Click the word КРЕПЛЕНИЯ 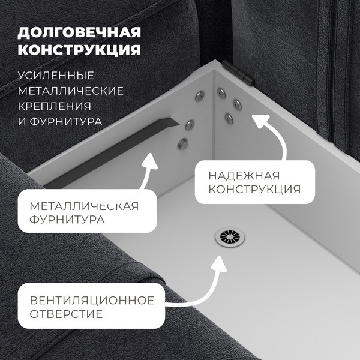(x=55, y=106)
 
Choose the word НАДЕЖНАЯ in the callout (x=244, y=176)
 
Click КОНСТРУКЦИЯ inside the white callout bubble (x=254, y=190)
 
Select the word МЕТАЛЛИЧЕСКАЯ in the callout (x=84, y=206)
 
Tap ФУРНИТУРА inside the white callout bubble (x=67, y=220)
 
